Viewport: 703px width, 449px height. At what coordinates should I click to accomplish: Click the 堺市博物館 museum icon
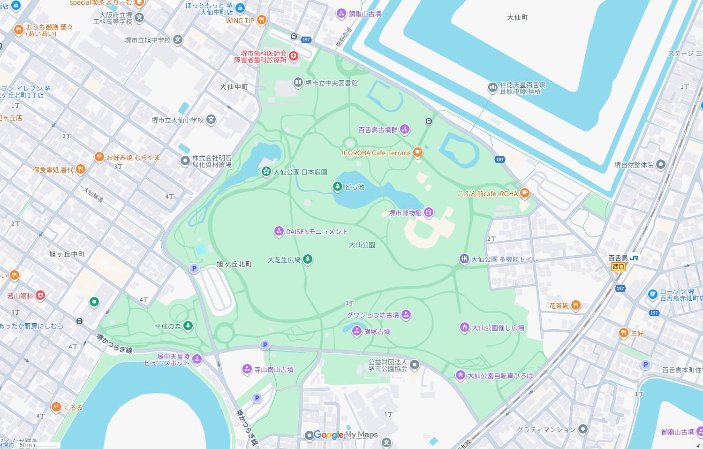coord(429,213)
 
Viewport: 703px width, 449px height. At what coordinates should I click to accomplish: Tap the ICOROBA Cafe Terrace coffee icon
coord(417,152)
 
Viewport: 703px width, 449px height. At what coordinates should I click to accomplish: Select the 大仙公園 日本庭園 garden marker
coord(266,172)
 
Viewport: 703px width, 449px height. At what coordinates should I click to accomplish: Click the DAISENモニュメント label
coord(317,231)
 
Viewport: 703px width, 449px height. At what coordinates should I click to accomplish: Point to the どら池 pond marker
coord(337,186)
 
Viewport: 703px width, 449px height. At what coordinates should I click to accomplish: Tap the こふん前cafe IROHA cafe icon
coord(524,193)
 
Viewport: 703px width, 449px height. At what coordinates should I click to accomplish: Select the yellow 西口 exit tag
coord(619,266)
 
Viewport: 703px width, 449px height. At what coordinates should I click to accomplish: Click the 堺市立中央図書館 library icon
coord(298,83)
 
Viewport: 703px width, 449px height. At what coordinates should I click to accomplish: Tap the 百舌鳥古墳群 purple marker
coord(405,129)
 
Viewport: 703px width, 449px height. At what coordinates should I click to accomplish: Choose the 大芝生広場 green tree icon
coord(307,259)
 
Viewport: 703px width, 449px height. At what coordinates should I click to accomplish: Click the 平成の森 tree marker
coord(188,326)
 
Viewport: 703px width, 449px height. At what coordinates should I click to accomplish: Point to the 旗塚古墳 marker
coord(357,331)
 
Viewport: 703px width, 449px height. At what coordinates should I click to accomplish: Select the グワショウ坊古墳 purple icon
coord(406,314)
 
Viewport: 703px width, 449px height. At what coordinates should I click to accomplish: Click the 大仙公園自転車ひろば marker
coord(460,375)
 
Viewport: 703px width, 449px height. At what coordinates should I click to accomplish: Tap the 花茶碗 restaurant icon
coord(575,305)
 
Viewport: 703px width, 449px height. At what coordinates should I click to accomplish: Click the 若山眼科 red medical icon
coord(40,295)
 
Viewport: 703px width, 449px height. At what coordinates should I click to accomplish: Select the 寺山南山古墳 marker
coord(247,369)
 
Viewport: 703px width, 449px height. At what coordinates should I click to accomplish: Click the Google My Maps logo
coord(346,435)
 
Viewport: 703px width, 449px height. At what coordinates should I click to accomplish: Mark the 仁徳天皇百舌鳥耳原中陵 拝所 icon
coord(492,87)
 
